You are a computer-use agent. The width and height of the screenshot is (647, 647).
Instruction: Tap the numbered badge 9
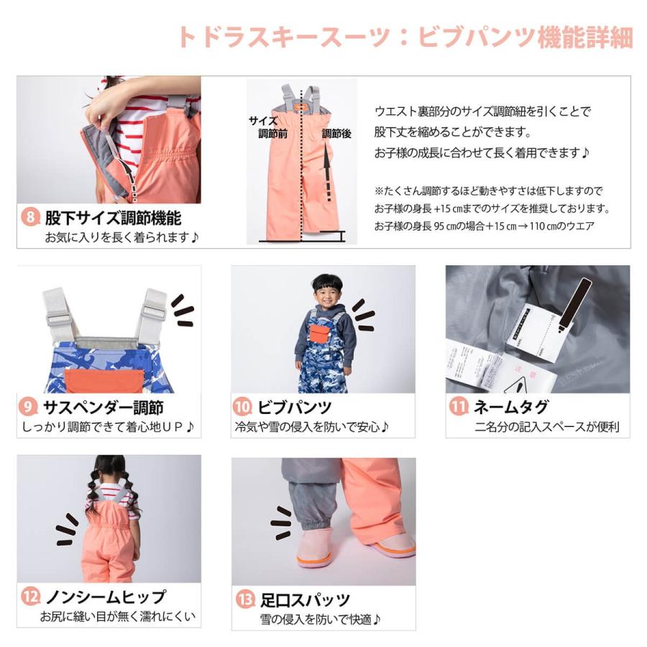[x=29, y=407]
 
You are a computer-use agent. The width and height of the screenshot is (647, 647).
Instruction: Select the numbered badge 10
[x=242, y=407]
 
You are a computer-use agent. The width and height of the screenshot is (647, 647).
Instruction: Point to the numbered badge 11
[x=457, y=407]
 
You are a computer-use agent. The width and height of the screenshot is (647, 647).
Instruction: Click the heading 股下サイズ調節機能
[x=113, y=216]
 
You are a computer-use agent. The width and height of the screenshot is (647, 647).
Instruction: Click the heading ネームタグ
[x=510, y=407]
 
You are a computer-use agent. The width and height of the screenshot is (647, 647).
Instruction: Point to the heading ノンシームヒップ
[x=105, y=597]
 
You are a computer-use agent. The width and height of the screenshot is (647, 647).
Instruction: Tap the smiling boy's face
[x=327, y=293]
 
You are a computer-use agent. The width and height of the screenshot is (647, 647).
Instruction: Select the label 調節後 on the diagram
[x=336, y=134]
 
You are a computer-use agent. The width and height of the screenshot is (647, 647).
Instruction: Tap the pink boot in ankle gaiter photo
[x=314, y=548]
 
